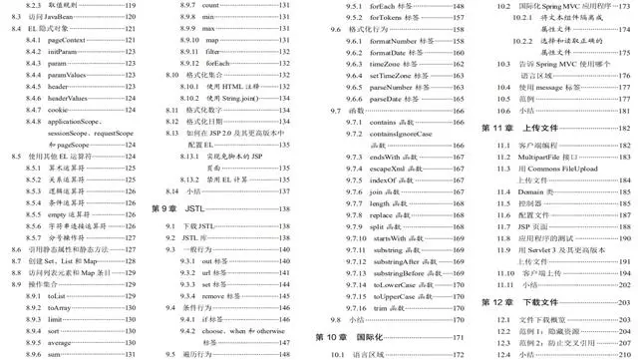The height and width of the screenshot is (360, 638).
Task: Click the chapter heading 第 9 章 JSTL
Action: point(178,207)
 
